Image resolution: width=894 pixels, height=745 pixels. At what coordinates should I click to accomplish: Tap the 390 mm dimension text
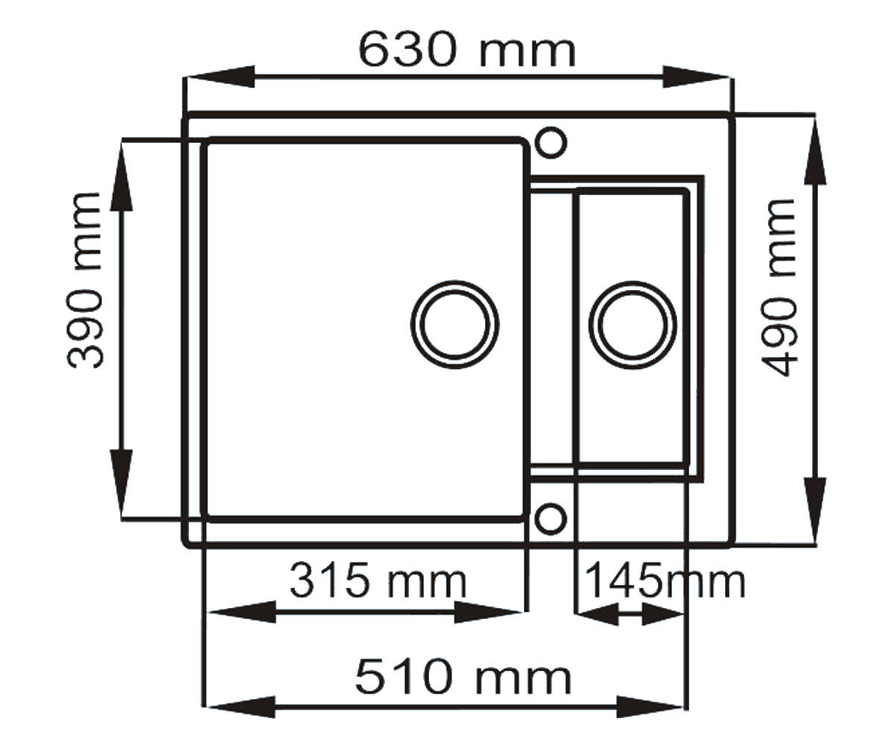(x=85, y=280)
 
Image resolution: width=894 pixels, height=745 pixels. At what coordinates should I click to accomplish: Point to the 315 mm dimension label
(x=378, y=581)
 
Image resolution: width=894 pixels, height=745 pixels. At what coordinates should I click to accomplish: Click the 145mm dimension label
(x=665, y=581)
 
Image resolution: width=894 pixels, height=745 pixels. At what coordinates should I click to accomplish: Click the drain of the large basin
(x=454, y=324)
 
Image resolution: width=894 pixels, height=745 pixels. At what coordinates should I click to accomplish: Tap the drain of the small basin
(x=633, y=324)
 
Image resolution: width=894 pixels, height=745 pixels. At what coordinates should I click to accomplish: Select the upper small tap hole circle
(x=551, y=142)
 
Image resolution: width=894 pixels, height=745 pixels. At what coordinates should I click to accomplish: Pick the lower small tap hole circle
(x=551, y=519)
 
